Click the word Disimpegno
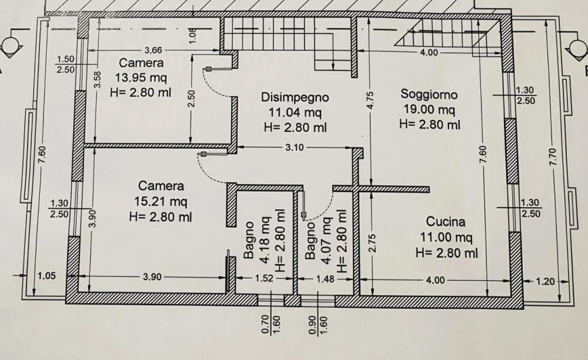(295, 97)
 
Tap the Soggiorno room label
(429, 94)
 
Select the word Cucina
(446, 222)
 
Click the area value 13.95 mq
(141, 78)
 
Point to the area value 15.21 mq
(161, 201)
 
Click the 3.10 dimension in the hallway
(294, 148)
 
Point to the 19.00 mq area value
(429, 109)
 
